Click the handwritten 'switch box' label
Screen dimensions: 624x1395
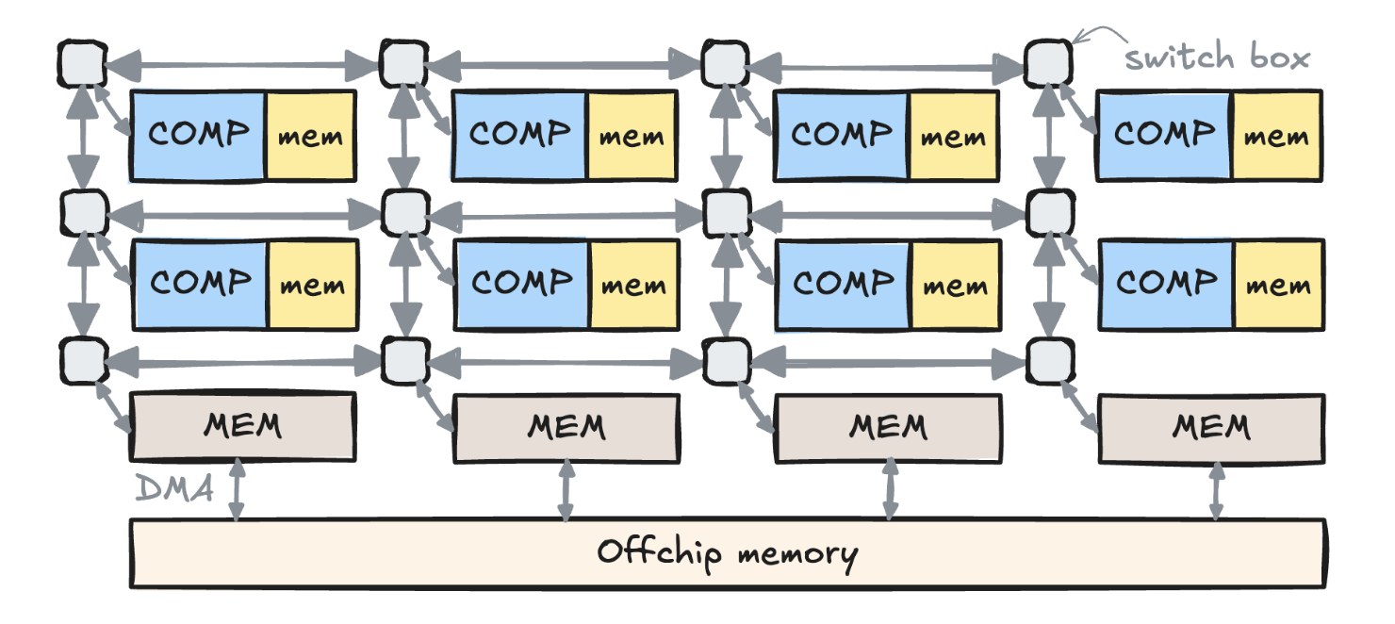(1217, 57)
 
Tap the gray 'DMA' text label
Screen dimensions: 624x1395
(174, 488)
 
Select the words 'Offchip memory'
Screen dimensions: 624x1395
(727, 552)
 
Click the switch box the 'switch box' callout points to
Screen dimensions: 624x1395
(1047, 63)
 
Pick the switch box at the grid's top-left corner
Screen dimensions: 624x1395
(83, 63)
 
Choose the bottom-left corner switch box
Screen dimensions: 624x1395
(83, 360)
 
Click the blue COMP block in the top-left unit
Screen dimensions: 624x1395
(198, 135)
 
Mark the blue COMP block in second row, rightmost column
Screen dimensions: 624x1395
(1165, 284)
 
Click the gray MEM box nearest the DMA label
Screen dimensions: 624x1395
(242, 427)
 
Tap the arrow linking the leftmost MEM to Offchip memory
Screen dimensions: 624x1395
(236, 490)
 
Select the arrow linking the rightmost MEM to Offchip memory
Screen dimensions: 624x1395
(1216, 490)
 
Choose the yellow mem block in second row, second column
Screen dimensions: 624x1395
(632, 284)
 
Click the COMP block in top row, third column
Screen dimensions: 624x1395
(841, 135)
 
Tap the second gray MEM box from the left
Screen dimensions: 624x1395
(566, 427)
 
